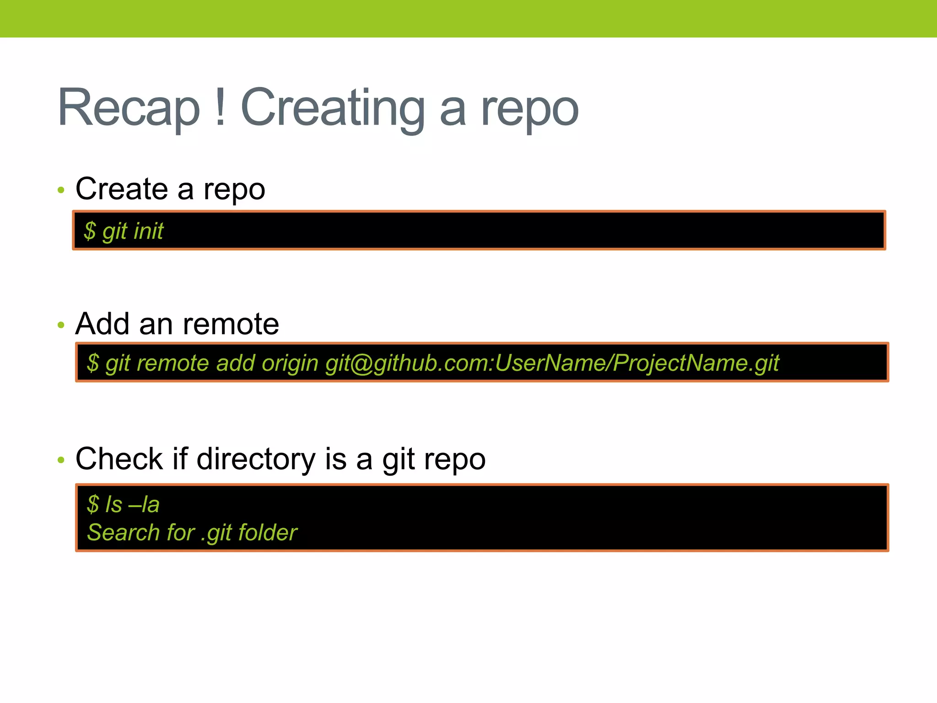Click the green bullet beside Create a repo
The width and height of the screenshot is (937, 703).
pos(61,190)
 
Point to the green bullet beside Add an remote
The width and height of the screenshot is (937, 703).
pos(61,325)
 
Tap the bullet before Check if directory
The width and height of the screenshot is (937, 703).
pos(61,460)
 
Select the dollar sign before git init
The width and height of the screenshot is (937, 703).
pos(90,231)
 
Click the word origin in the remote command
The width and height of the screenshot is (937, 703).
pos(290,363)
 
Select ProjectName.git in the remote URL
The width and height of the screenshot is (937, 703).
pos(696,363)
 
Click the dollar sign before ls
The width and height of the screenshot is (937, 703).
pos(93,504)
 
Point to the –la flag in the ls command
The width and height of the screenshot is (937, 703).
pos(144,504)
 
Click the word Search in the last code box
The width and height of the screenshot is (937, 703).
pos(123,532)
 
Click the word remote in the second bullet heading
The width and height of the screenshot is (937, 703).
pos(231,324)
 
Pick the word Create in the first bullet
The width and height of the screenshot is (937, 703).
pos(122,189)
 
